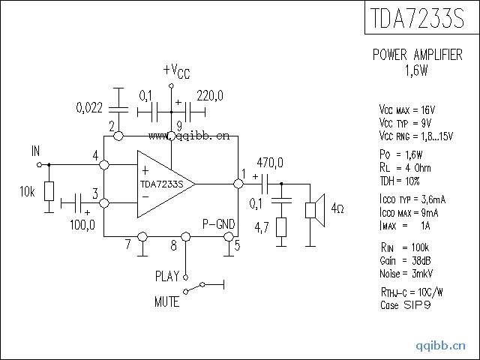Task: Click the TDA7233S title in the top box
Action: click(x=417, y=18)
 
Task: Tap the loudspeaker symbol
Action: click(x=315, y=210)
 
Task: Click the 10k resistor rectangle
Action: click(x=49, y=191)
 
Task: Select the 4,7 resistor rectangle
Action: click(x=281, y=227)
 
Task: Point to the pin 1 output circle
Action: click(x=238, y=184)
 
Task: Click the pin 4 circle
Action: click(x=104, y=165)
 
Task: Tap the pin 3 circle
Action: click(x=104, y=203)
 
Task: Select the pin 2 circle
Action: click(x=118, y=136)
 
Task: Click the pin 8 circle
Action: click(x=185, y=237)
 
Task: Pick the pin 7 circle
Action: click(x=142, y=237)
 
